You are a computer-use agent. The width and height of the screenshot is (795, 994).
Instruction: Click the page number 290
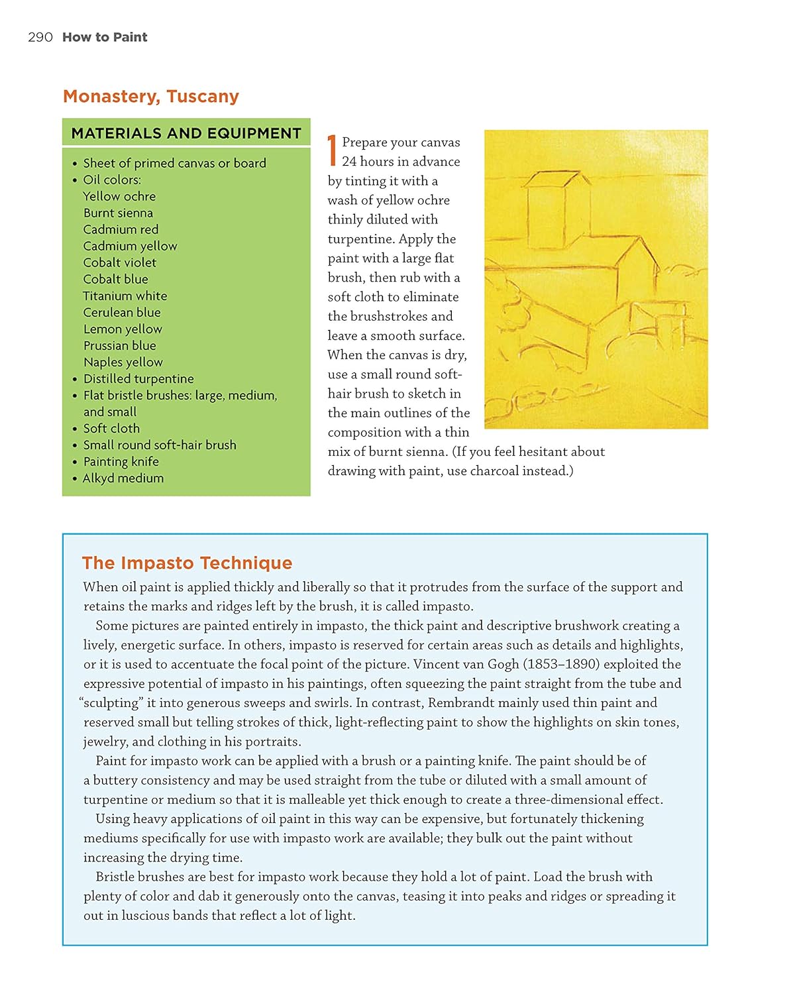click(40, 37)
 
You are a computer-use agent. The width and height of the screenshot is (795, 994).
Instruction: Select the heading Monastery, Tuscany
click(151, 96)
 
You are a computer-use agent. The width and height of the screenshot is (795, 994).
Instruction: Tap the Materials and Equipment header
click(186, 133)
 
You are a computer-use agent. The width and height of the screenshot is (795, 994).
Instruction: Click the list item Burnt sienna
click(118, 213)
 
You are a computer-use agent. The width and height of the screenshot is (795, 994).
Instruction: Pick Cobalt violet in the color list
click(120, 262)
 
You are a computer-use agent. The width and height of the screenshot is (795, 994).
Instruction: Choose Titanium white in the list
click(125, 296)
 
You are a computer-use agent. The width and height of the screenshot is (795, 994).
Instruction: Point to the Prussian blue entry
click(120, 345)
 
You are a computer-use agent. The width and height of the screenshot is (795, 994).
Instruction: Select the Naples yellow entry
click(123, 362)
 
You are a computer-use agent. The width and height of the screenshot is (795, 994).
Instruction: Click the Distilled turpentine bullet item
click(138, 378)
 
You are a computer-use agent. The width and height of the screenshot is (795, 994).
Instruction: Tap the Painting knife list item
click(121, 461)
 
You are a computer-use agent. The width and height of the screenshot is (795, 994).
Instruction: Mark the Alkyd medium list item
click(123, 478)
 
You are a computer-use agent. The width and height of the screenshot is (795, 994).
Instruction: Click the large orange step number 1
click(333, 151)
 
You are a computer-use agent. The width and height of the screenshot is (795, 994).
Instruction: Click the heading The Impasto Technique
click(187, 563)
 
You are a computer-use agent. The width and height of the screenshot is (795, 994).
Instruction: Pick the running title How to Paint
click(105, 37)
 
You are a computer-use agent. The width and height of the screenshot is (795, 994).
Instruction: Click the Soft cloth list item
click(111, 428)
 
